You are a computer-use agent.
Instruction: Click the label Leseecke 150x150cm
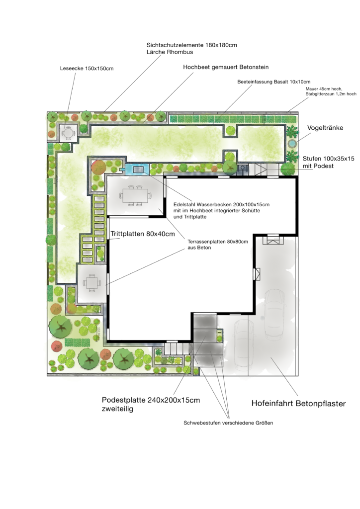[87, 69]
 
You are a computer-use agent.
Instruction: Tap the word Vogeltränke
[325, 128]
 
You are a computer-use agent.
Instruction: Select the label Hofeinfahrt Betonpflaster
[298, 404]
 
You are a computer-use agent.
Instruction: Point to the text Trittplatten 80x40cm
[143, 234]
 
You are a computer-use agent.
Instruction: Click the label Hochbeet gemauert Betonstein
[226, 67]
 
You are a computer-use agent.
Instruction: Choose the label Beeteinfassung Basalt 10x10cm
[273, 82]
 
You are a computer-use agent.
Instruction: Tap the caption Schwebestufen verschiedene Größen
[228, 423]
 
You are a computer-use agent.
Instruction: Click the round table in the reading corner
[68, 133]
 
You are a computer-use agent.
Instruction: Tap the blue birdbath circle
[292, 143]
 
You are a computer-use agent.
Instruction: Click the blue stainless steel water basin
[138, 169]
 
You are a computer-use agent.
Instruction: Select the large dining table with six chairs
[135, 196]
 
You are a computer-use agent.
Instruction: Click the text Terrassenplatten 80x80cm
[217, 242]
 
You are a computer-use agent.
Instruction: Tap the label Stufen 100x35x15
[329, 159]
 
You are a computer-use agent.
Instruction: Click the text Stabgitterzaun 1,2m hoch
[331, 94]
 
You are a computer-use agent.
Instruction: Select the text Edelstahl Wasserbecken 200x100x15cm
[221, 204]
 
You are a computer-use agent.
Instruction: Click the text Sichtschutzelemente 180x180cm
[191, 45]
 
